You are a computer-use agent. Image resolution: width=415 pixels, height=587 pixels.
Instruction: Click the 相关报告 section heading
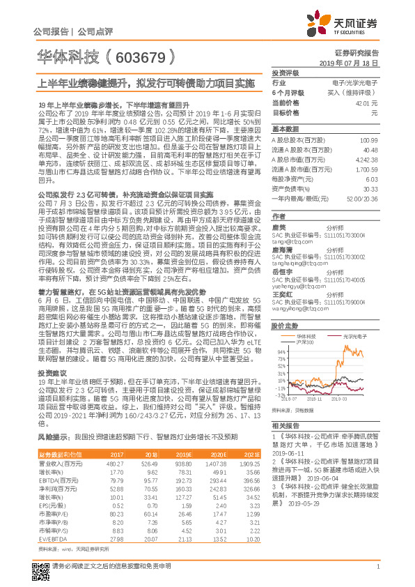284,425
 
